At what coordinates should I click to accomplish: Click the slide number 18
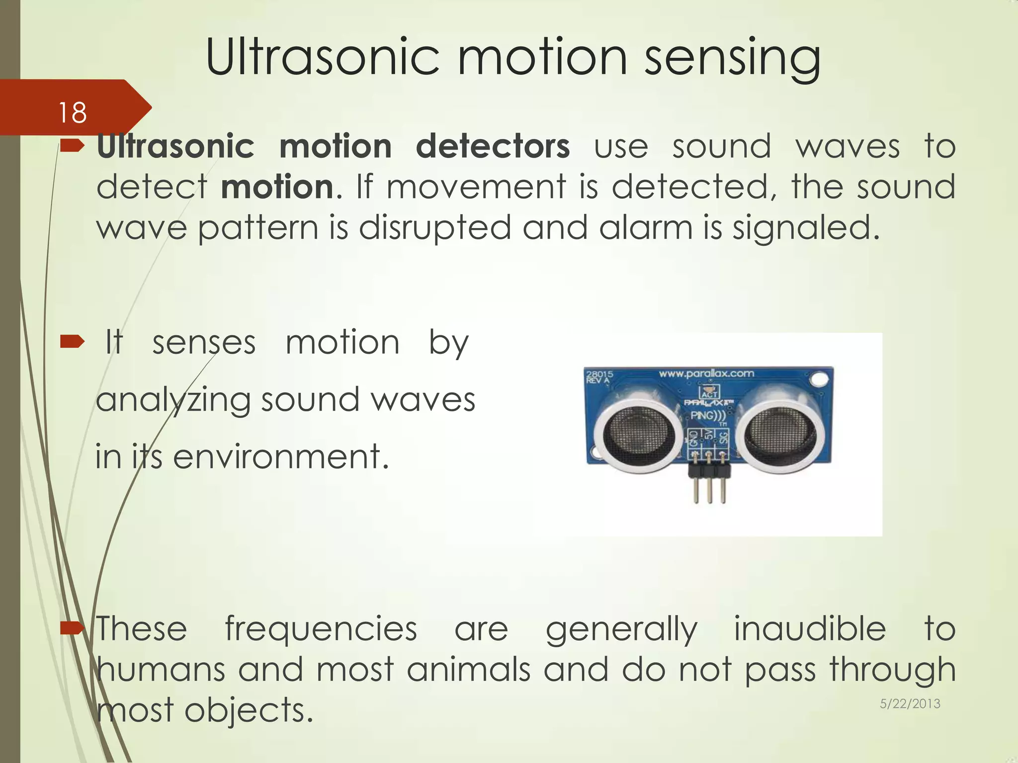(x=73, y=113)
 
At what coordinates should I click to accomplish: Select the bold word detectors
(x=493, y=147)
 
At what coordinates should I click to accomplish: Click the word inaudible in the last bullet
(x=810, y=629)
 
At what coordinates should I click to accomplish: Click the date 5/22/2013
(x=910, y=703)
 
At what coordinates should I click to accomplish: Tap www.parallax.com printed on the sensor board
(x=706, y=374)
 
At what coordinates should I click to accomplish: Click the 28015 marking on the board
(x=599, y=374)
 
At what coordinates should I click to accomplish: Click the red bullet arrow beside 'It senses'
(x=73, y=342)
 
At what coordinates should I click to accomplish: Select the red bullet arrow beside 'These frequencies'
(x=73, y=629)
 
